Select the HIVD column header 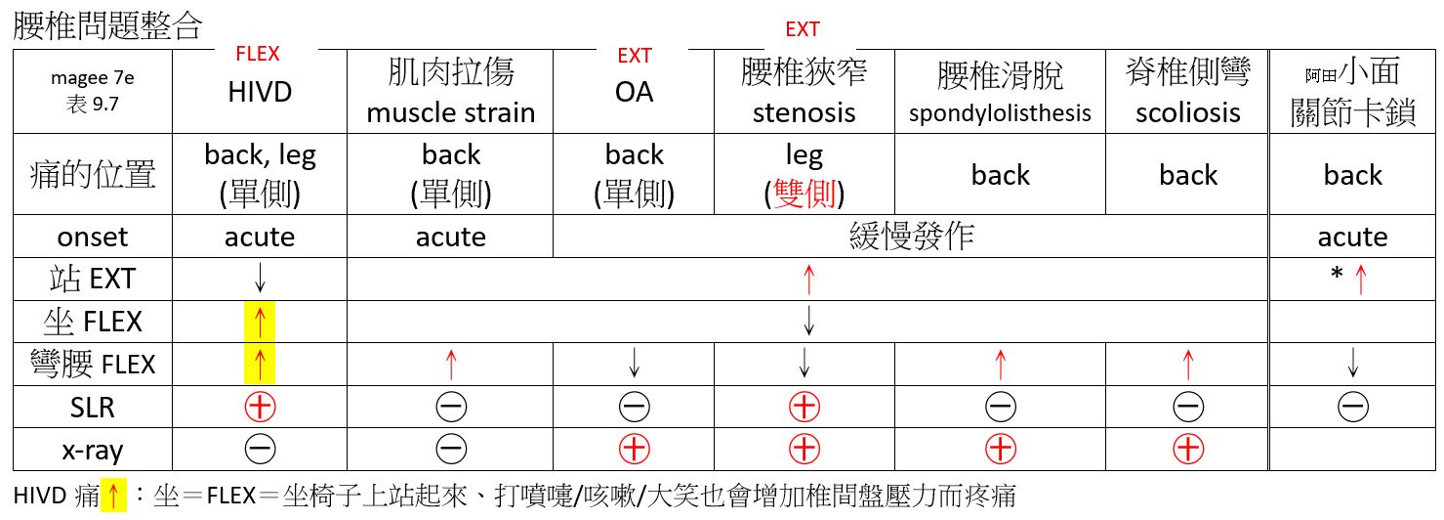point(260,92)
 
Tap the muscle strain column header point(450,92)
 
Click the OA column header point(634,92)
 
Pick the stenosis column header point(805,92)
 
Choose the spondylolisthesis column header point(1000,94)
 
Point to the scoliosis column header point(1188,92)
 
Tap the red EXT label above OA point(634,56)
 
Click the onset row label point(92,238)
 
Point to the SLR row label point(92,406)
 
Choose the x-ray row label point(92,449)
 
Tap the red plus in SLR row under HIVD point(260,406)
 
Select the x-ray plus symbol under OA point(634,449)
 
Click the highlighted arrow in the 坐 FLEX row point(260,322)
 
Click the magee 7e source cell point(92,92)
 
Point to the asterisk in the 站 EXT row point(1336,278)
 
